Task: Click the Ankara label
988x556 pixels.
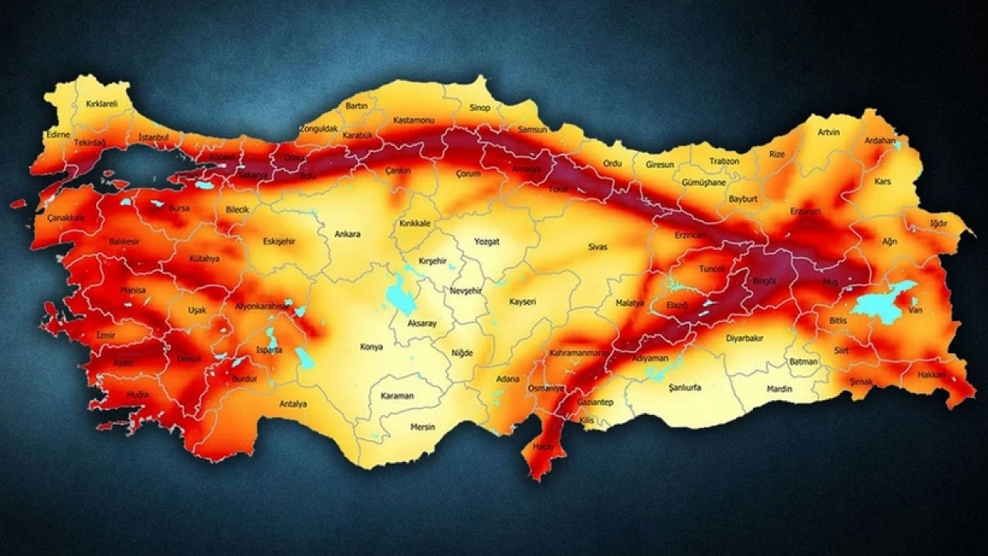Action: (347, 235)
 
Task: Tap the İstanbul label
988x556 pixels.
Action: (153, 138)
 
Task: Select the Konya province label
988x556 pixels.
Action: (371, 347)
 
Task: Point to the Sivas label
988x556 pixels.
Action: (597, 247)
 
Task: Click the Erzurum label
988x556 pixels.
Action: (805, 211)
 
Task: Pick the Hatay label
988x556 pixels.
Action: (543, 447)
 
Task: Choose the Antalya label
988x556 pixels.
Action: (293, 404)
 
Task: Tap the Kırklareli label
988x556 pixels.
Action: (102, 104)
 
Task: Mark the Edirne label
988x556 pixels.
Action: (58, 135)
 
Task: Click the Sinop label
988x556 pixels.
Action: (479, 108)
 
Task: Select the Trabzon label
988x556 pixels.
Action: (724, 161)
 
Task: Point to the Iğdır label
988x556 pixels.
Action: (939, 223)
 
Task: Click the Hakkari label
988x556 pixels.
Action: (932, 374)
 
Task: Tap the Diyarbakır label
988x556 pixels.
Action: (744, 339)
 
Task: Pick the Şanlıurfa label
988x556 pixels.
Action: (685, 388)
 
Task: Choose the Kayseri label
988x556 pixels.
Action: (522, 302)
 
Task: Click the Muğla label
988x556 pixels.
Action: (138, 395)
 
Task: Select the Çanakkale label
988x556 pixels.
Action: (66, 217)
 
